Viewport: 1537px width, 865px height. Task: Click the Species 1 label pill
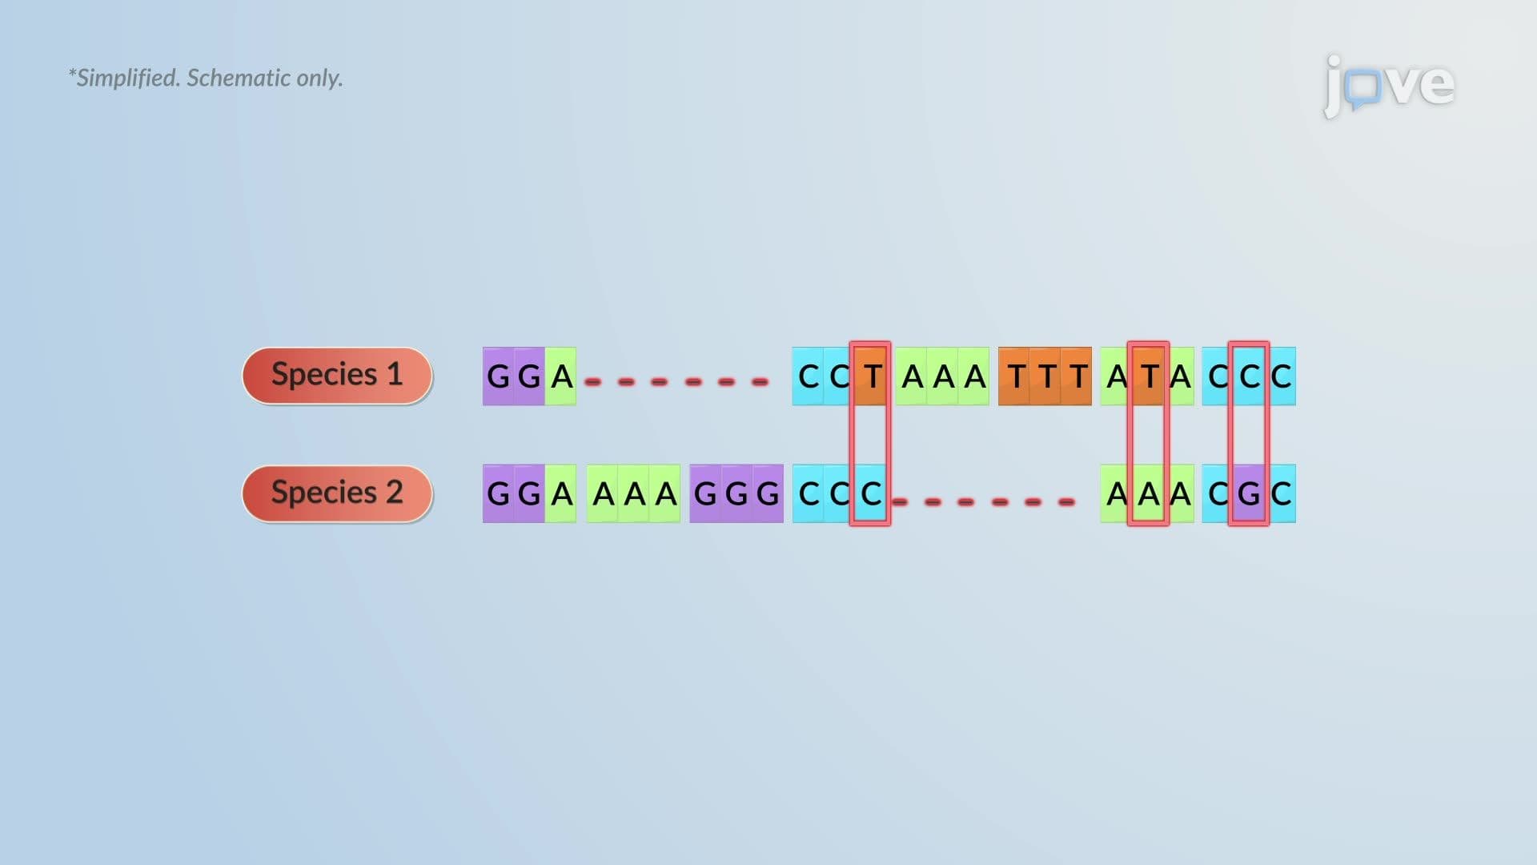pos(337,376)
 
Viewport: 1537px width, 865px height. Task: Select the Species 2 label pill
pos(337,493)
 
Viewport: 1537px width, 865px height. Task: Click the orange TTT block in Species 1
pos(1045,376)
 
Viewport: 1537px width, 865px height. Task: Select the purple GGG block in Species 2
pos(736,493)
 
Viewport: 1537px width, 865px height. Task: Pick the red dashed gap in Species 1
pos(676,382)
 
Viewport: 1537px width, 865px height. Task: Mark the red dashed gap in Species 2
pos(983,502)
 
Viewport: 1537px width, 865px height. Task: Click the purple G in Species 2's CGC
pos(1249,493)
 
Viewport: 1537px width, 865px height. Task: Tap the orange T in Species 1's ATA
pos(1149,376)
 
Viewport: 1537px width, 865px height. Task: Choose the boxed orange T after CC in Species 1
pos(871,376)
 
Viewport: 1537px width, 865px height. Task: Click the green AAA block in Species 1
pos(942,376)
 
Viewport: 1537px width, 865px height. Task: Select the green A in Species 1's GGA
pos(561,376)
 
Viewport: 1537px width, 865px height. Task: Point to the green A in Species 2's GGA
pos(561,493)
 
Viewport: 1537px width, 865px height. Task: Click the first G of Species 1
pos(498,376)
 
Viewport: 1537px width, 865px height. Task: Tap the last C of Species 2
pos(1281,493)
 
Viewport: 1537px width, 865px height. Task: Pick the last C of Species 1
pos(1281,376)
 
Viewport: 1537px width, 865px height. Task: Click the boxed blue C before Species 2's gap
pos(871,493)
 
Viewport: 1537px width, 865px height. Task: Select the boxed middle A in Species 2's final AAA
pos(1149,493)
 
